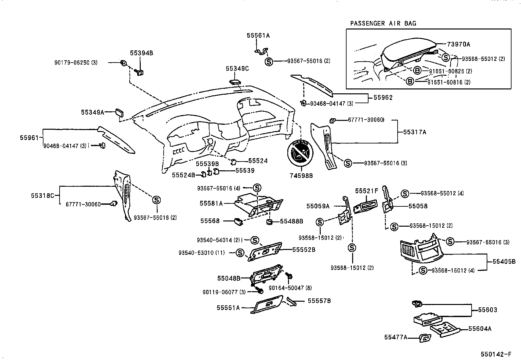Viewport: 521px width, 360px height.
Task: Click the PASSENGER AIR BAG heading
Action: click(383, 23)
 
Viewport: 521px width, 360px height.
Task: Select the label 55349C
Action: click(237, 68)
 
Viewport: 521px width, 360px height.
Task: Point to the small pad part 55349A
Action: click(119, 113)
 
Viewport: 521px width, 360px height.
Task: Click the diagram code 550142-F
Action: click(496, 354)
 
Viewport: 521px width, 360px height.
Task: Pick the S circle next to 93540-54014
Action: click(255, 240)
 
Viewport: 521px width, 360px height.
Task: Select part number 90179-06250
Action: click(75, 62)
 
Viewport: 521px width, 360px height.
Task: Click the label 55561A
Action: click(258, 36)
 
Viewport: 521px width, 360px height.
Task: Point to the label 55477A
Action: click(396, 337)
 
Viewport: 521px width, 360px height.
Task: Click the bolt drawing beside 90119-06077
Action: click(260, 290)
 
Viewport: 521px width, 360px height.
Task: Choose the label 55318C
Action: click(43, 196)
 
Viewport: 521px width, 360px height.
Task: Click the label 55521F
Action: click(367, 190)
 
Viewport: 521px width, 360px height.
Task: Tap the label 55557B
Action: click(319, 300)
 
